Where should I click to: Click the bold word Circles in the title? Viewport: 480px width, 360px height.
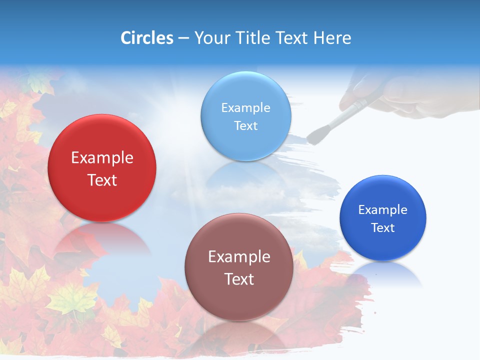click(x=146, y=38)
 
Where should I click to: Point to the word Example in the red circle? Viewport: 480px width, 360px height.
click(x=102, y=158)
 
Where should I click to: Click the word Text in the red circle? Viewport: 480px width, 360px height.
click(x=102, y=180)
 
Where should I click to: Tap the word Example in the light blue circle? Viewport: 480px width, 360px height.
click(x=245, y=108)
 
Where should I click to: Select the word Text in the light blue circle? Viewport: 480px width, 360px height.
click(x=245, y=126)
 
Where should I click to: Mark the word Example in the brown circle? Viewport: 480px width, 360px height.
click(x=239, y=257)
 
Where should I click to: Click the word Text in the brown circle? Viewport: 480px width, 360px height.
click(x=239, y=279)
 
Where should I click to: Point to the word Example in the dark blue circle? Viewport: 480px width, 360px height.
click(x=382, y=210)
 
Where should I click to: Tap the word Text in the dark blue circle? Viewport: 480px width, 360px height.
click(x=383, y=228)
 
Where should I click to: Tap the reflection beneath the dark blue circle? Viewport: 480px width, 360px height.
click(x=383, y=275)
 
